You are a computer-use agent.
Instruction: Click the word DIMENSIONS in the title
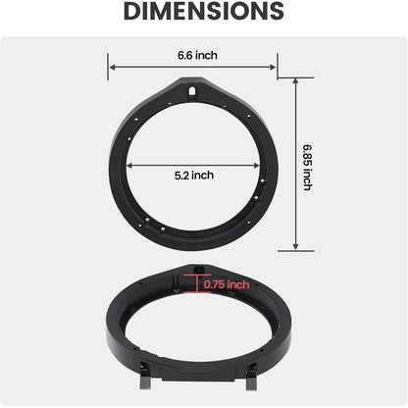coord(203,12)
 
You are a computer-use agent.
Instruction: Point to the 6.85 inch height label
coord(307,165)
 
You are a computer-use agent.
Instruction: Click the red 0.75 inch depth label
coord(228,284)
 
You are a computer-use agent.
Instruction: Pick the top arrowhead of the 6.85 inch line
coord(295,82)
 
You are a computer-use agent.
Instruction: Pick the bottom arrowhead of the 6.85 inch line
coord(295,247)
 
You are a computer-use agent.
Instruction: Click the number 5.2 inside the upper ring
coord(183,175)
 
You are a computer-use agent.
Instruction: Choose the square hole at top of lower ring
coord(199,269)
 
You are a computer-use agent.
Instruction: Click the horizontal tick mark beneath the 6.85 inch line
coord(295,251)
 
